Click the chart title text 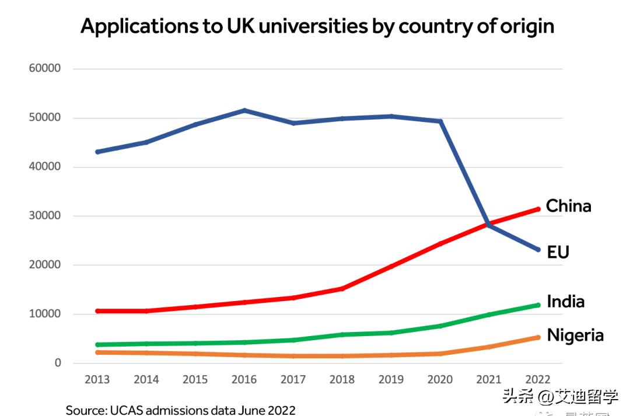(x=317, y=26)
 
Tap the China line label (x=568, y=206)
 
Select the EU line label (x=558, y=252)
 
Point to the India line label (x=565, y=301)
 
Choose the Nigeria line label (x=575, y=335)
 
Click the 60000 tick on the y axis (x=45, y=68)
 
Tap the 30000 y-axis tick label (x=45, y=216)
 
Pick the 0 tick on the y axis (x=58, y=363)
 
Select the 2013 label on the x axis (x=97, y=380)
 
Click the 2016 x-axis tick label (x=244, y=380)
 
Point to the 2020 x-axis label (x=440, y=380)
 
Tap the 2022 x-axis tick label (x=537, y=380)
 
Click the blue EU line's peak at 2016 (x=244, y=110)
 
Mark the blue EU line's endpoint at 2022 (x=537, y=250)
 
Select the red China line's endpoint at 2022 (x=537, y=209)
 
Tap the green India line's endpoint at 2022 (x=537, y=305)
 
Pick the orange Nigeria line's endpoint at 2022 (x=537, y=337)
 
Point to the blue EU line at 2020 (x=440, y=121)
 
